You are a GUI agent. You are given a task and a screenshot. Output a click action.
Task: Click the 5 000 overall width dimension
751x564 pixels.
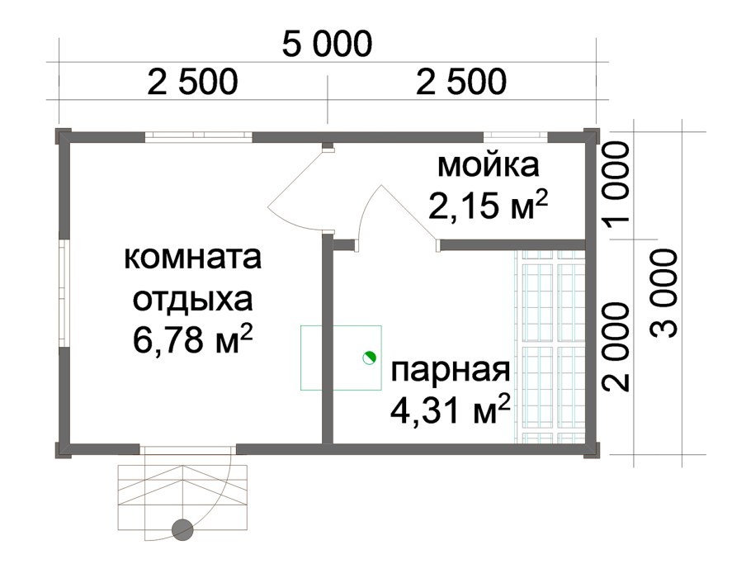point(327,45)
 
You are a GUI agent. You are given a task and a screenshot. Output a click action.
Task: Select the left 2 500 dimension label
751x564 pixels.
point(193,83)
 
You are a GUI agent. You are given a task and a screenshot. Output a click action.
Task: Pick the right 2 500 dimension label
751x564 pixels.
point(461,83)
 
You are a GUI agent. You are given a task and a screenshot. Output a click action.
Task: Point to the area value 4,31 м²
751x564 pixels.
point(449,409)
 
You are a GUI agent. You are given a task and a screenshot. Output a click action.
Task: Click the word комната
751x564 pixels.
point(192,258)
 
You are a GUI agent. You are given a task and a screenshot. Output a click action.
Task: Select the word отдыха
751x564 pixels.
point(191,298)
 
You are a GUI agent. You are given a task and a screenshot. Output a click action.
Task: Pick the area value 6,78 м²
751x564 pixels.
point(192,339)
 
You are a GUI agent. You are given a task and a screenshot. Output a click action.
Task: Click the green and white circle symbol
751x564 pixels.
point(369,358)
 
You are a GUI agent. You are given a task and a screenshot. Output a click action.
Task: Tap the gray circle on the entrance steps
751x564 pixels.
point(182,529)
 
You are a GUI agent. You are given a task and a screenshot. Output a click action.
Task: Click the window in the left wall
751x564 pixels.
point(63,293)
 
